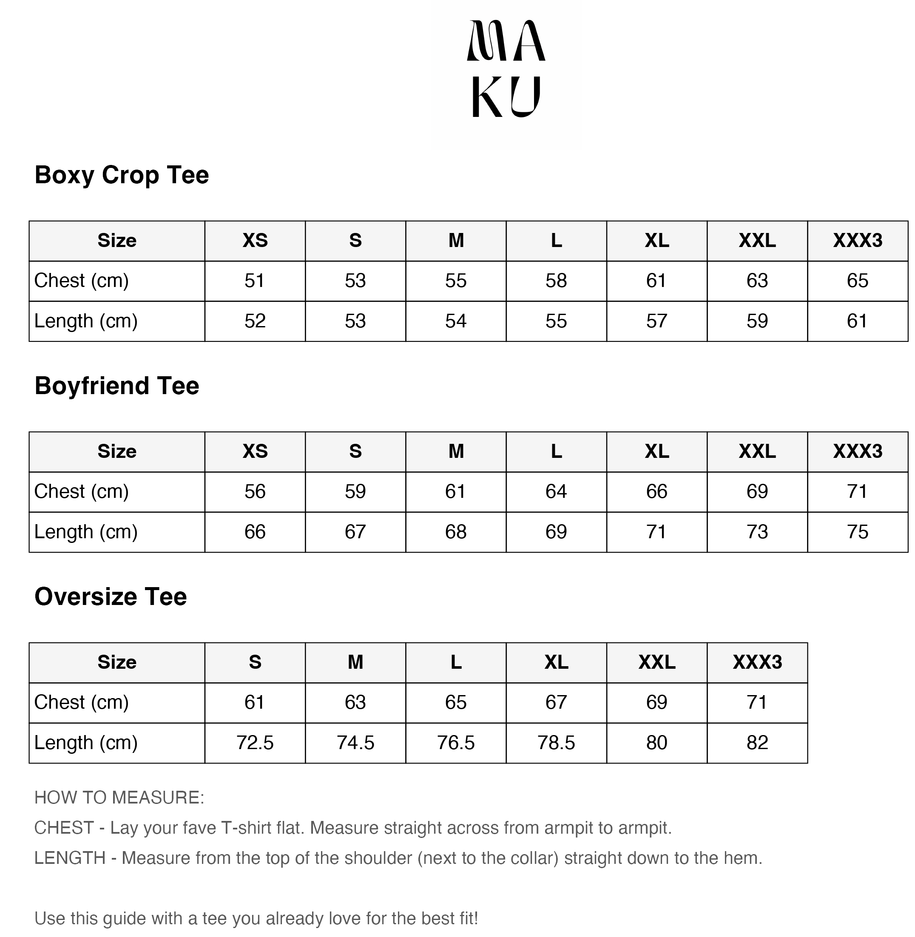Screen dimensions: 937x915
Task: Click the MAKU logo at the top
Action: (x=506, y=69)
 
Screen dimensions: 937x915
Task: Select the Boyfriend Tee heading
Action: (x=117, y=386)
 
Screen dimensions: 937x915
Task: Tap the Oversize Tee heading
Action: (x=111, y=597)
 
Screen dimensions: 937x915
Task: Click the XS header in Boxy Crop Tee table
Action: (x=255, y=241)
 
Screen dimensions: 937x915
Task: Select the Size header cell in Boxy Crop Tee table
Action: (x=117, y=241)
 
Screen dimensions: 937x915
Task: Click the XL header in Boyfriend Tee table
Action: (x=657, y=451)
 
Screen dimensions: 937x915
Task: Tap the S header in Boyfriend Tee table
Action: (x=355, y=451)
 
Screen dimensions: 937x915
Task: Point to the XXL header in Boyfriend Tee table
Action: (x=757, y=451)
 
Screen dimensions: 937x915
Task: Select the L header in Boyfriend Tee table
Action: (x=557, y=451)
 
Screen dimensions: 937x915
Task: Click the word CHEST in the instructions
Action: (x=64, y=828)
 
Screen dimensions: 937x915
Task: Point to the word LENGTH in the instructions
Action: (x=70, y=858)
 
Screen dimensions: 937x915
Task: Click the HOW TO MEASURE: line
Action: (x=119, y=798)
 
